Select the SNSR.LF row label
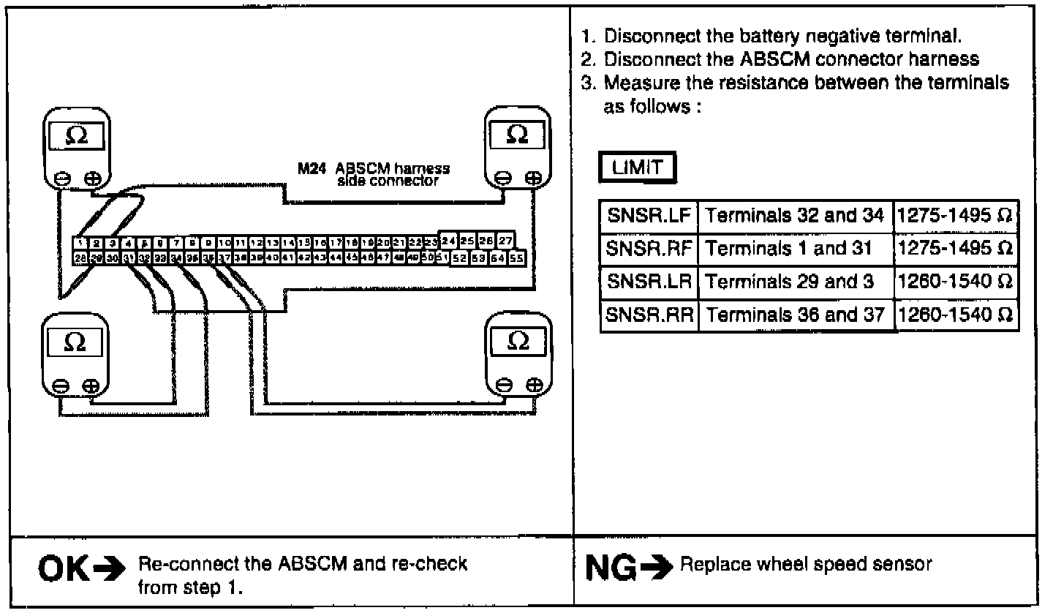click(649, 216)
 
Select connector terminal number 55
click(517, 257)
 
